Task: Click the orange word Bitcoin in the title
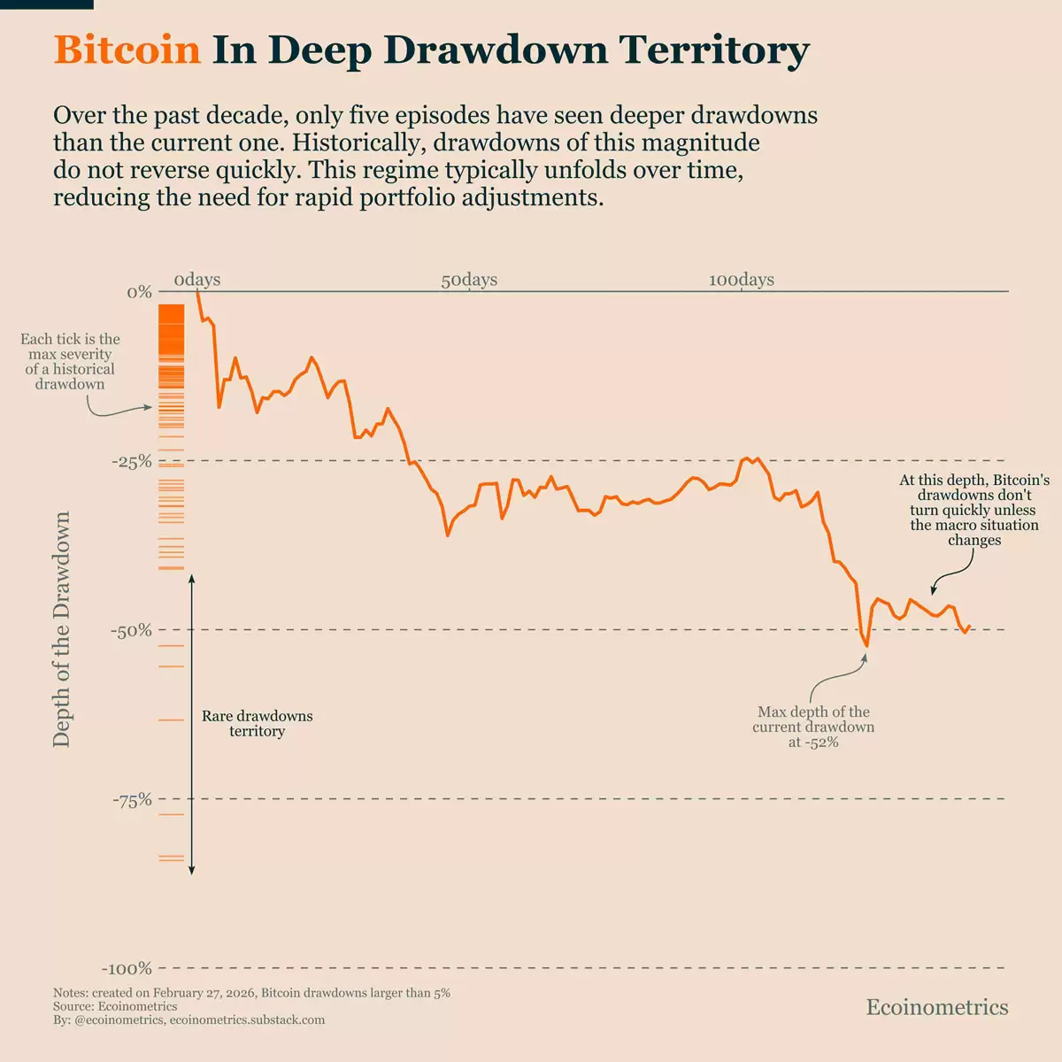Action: point(127,50)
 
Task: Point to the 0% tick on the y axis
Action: point(139,292)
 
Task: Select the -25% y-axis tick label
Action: point(132,461)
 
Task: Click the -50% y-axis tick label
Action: point(131,630)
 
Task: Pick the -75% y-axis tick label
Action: point(132,799)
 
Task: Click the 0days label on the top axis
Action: point(196,280)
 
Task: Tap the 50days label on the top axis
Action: point(469,280)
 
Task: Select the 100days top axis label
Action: point(741,280)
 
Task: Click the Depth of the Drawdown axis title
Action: point(61,629)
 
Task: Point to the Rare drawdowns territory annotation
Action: point(257,723)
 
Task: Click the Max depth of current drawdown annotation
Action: point(813,727)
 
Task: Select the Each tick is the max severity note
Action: point(70,361)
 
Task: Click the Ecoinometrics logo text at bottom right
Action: point(936,1007)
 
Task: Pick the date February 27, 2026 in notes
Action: point(204,993)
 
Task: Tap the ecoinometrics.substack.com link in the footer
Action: point(247,1020)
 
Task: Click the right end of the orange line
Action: point(970,626)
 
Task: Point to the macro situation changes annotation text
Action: point(973,510)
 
